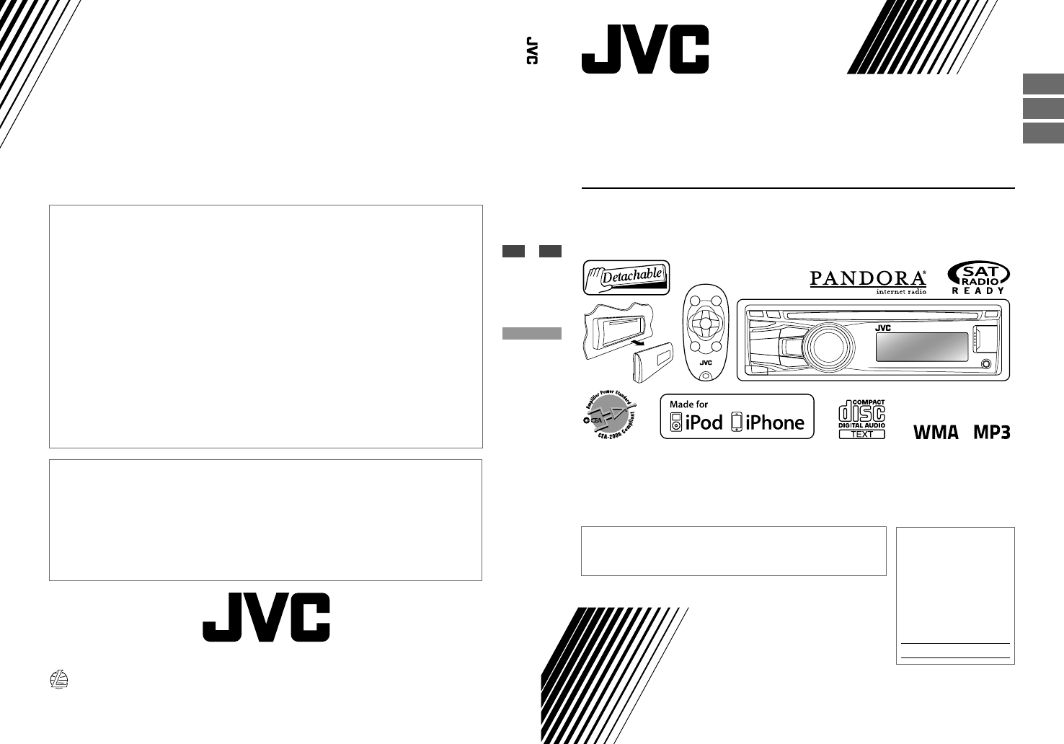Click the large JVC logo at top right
pos(644,49)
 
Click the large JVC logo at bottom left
pos(266,617)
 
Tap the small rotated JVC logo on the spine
pos(532,50)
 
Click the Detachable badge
pos(626,277)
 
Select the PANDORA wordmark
pos(868,278)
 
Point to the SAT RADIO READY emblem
pos(978,278)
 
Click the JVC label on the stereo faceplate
pos(884,327)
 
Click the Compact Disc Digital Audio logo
pos(861,414)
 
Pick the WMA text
pos(936,433)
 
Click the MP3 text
pos(992,433)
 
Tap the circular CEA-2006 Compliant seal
pos(609,419)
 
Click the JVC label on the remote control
pos(706,363)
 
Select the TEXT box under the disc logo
pos(861,434)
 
